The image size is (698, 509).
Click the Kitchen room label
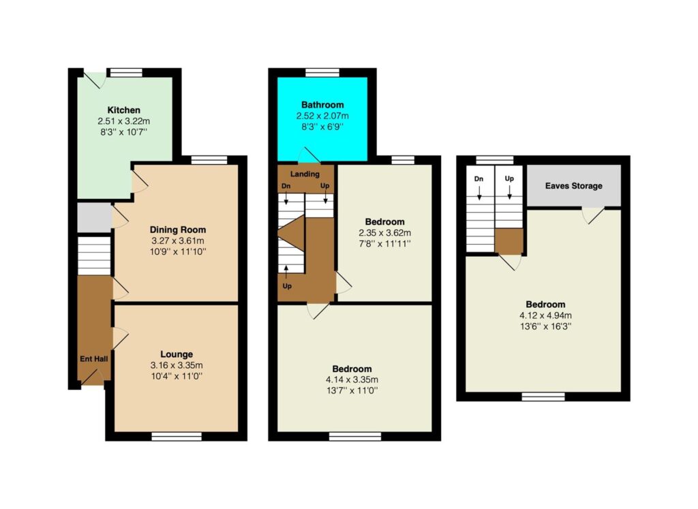click(124, 110)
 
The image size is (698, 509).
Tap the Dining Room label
click(178, 230)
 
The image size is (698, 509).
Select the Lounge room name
click(177, 354)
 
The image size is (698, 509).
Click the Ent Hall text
click(94, 358)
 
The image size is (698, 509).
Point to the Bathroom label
click(322, 105)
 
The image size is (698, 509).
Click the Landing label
click(305, 174)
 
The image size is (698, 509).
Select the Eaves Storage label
click(574, 186)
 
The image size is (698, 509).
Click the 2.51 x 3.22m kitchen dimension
click(124, 121)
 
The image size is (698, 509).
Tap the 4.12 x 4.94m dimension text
click(546, 315)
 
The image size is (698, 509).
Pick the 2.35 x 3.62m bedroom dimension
click(385, 233)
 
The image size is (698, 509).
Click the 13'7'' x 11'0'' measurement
click(352, 390)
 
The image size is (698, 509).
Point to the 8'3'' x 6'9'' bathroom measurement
click(322, 127)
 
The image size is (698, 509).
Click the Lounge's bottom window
click(177, 437)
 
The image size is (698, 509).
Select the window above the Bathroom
click(322, 72)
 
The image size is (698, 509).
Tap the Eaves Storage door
click(593, 215)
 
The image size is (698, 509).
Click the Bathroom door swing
click(309, 155)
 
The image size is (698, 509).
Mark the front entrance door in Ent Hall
click(92, 377)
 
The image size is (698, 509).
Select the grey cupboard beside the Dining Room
click(94, 217)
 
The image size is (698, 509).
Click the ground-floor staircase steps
click(94, 256)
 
